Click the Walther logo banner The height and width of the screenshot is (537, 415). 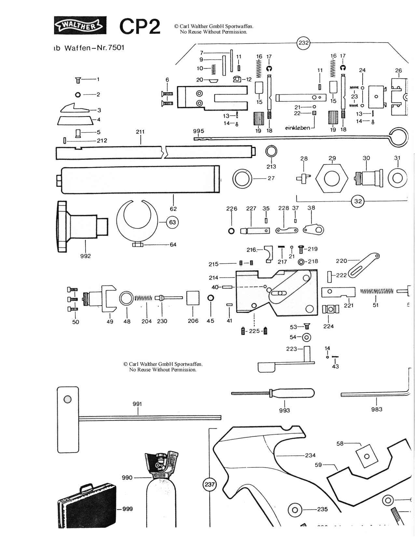click(x=80, y=25)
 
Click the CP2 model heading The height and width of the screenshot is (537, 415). click(x=140, y=26)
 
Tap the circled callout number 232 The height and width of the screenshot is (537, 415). click(x=303, y=43)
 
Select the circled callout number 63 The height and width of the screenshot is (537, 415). click(x=172, y=223)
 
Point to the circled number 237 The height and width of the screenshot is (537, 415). click(x=210, y=484)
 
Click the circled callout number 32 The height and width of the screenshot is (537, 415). click(x=358, y=201)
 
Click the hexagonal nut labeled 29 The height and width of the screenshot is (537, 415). click(x=332, y=178)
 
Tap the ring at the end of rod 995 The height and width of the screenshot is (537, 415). click(x=398, y=137)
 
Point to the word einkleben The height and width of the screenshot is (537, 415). click(x=297, y=128)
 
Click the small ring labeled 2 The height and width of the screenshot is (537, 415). click(x=78, y=95)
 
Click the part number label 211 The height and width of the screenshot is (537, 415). click(x=140, y=132)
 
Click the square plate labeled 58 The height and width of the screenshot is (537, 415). click(x=367, y=456)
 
